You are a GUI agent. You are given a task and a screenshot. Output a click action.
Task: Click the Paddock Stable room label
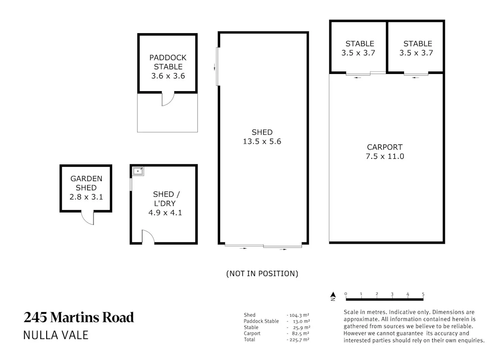point(168,62)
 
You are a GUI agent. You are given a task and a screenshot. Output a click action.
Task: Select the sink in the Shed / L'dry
point(138,171)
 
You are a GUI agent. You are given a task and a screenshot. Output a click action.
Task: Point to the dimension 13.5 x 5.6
point(262,141)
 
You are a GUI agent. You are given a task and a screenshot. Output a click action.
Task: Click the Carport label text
point(385,147)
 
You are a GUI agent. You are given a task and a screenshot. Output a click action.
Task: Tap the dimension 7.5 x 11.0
point(385,156)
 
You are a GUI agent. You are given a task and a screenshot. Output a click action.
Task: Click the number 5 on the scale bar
point(423,294)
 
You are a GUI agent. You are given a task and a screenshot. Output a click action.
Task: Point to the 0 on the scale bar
point(346,294)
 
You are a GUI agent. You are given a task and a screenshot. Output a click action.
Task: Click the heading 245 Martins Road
point(79,318)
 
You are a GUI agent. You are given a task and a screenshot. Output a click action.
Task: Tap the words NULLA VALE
point(56,335)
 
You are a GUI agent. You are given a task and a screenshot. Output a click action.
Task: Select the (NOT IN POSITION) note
point(262,273)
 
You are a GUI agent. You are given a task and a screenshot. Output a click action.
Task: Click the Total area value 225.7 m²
point(298,340)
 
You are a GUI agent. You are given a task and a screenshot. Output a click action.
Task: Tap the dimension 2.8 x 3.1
point(86,197)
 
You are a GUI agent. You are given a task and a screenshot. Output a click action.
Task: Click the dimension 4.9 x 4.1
point(165,213)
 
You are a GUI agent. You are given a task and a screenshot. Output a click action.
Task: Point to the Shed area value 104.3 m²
point(298,315)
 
